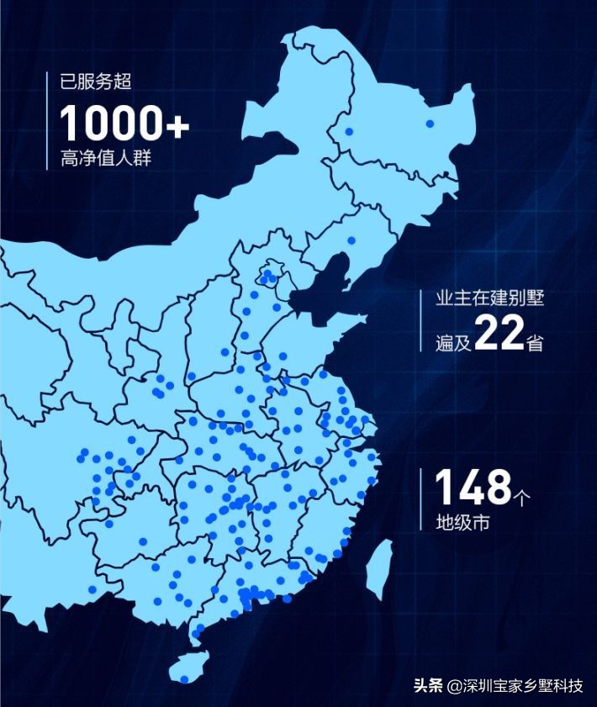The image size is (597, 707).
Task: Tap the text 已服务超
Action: click(x=96, y=82)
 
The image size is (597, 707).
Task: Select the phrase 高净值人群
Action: click(x=106, y=158)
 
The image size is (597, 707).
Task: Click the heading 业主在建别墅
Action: click(x=489, y=298)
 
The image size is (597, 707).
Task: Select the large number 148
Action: click(x=473, y=488)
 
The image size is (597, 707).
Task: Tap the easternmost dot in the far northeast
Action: click(x=430, y=124)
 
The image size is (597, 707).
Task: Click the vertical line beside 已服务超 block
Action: click(x=46, y=120)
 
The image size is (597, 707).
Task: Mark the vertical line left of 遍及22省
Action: click(x=421, y=320)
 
